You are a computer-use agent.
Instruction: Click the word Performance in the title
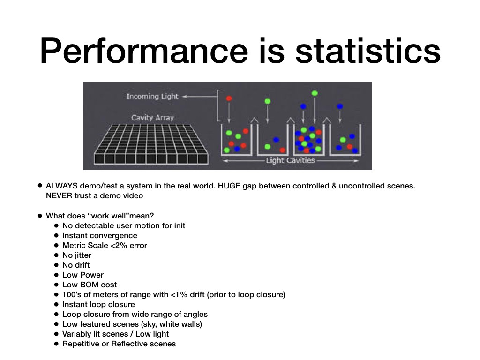(x=144, y=51)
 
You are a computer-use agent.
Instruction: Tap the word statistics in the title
(x=367, y=51)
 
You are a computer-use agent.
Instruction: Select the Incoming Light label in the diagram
(x=152, y=97)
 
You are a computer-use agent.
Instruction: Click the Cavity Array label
(x=152, y=118)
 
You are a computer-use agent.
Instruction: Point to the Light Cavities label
(x=290, y=160)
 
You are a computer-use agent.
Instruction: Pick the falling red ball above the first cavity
(x=229, y=98)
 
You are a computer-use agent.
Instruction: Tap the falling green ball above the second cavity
(x=268, y=101)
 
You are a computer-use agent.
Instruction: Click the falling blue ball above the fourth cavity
(x=340, y=106)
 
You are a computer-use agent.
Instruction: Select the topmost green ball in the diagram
(x=315, y=93)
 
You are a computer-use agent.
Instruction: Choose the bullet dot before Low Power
(x=56, y=275)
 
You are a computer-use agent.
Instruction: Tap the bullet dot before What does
(x=40, y=216)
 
